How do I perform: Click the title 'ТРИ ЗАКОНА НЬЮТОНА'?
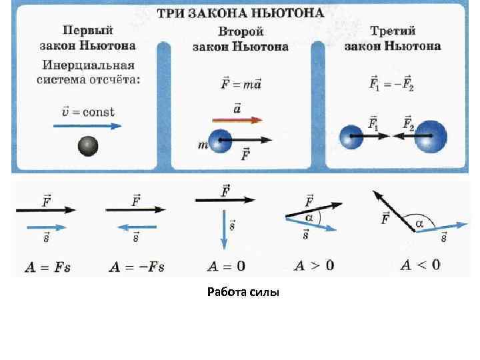click(241, 13)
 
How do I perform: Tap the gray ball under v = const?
click(88, 145)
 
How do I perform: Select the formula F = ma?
click(241, 85)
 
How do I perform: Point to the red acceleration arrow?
click(237, 120)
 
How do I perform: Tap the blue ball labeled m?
click(220, 141)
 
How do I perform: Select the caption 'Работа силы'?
click(243, 291)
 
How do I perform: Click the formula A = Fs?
click(47, 267)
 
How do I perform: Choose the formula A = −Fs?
click(136, 267)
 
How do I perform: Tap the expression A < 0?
click(420, 265)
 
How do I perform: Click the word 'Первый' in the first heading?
click(88, 30)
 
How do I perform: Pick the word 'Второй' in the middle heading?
click(241, 32)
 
